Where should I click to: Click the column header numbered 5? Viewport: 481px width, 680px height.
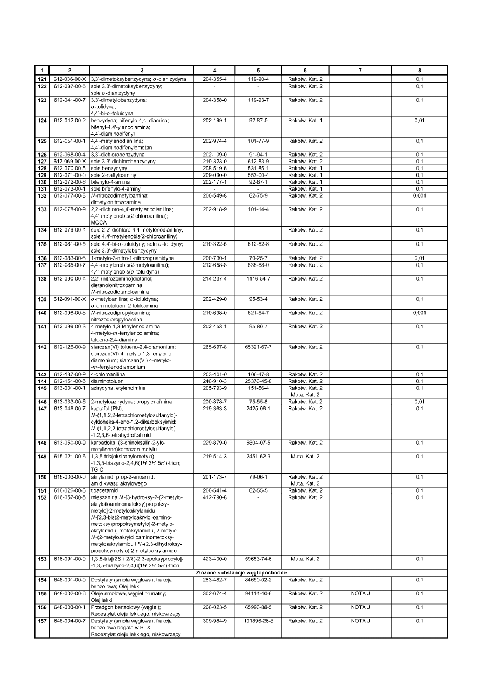click(x=258, y=70)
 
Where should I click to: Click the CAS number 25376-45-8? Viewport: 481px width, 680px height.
click(x=258, y=380)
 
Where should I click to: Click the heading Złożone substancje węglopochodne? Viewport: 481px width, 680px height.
click(x=241, y=572)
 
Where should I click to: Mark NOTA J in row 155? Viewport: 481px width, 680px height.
click(x=360, y=593)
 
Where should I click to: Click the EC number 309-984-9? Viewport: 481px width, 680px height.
click(x=214, y=621)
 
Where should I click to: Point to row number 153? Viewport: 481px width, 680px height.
click(x=41, y=559)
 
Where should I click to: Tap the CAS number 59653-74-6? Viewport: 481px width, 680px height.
click(x=258, y=559)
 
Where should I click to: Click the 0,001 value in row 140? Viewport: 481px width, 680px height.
click(x=420, y=312)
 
